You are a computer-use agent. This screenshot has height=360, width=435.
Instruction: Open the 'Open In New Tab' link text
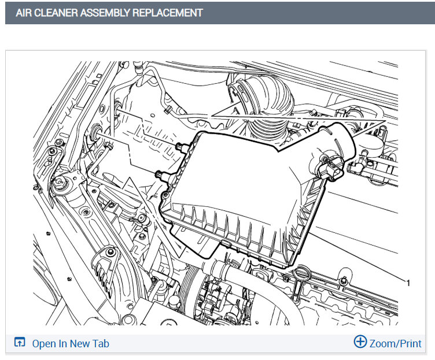(x=71, y=344)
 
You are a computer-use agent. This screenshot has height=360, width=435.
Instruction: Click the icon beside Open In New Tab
(x=20, y=342)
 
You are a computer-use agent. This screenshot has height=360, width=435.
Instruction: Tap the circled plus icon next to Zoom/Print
(x=360, y=342)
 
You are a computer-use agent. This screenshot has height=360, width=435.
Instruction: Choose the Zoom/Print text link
(x=395, y=344)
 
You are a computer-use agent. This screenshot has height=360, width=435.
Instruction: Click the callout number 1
(x=408, y=283)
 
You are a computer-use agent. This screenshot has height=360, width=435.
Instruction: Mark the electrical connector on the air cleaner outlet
(x=331, y=169)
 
